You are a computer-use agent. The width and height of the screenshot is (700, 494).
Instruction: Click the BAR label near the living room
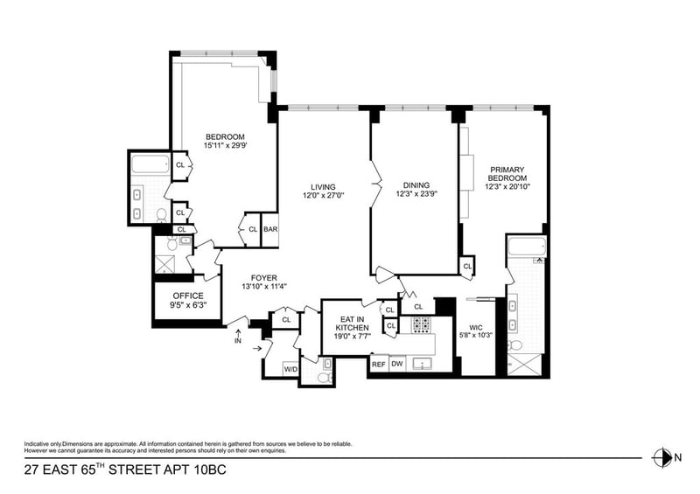(x=270, y=229)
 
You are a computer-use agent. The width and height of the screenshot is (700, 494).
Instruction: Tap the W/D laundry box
(x=290, y=370)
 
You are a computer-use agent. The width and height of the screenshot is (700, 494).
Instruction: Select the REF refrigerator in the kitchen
(x=379, y=364)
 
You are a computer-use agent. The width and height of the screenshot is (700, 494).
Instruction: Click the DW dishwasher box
(x=397, y=364)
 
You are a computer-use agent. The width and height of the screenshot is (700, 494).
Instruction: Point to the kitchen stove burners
(x=421, y=325)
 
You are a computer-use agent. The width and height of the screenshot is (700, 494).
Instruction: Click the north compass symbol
(x=662, y=457)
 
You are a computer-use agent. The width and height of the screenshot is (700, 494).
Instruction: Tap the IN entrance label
(x=238, y=341)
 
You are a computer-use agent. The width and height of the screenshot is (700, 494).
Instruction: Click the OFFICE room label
(x=188, y=296)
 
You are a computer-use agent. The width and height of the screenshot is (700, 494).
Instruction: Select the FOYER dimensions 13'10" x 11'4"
(x=264, y=287)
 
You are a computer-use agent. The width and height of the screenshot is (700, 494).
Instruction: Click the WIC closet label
(x=476, y=327)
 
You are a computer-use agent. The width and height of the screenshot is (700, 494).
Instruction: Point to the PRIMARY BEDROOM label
(x=507, y=174)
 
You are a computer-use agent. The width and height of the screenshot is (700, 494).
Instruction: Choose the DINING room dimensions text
(x=416, y=194)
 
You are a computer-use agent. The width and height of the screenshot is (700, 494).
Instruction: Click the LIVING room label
(x=323, y=187)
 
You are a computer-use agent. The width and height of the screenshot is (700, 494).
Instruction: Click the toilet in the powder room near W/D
(x=325, y=378)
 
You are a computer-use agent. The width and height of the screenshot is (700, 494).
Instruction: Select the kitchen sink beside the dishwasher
(x=422, y=364)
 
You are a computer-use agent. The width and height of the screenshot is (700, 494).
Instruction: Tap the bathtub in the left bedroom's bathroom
(x=150, y=164)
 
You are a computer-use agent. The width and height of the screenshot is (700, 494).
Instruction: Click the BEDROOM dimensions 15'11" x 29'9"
(x=225, y=145)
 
